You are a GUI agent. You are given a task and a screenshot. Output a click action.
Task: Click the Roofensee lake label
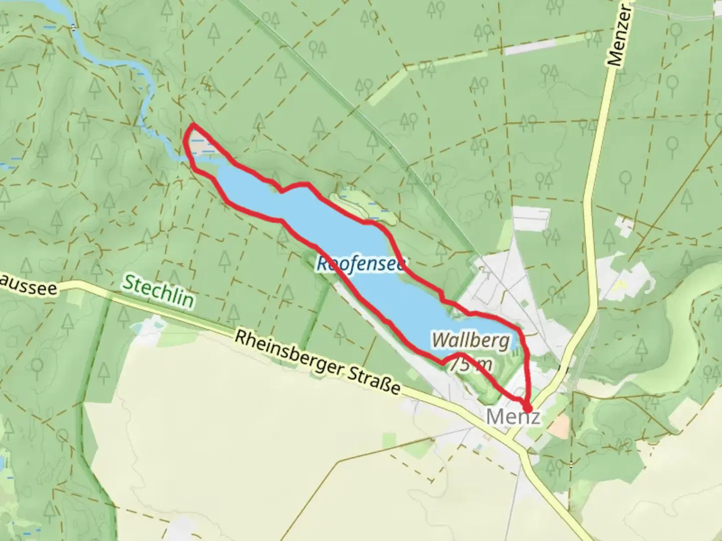coord(360,263)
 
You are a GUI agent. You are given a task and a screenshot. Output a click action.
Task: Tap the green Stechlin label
coord(158,290)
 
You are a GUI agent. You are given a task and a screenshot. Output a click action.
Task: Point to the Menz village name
coord(513,417)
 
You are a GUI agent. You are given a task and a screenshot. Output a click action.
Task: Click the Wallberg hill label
coord(471,341)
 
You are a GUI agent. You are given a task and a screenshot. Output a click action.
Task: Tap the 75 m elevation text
coord(470,365)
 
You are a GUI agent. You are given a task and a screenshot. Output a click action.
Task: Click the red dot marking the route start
coord(527,408)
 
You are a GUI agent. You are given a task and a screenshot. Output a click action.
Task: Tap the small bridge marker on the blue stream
coord(74,28)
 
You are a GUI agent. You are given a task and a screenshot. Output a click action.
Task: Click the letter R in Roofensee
coord(323,262)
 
